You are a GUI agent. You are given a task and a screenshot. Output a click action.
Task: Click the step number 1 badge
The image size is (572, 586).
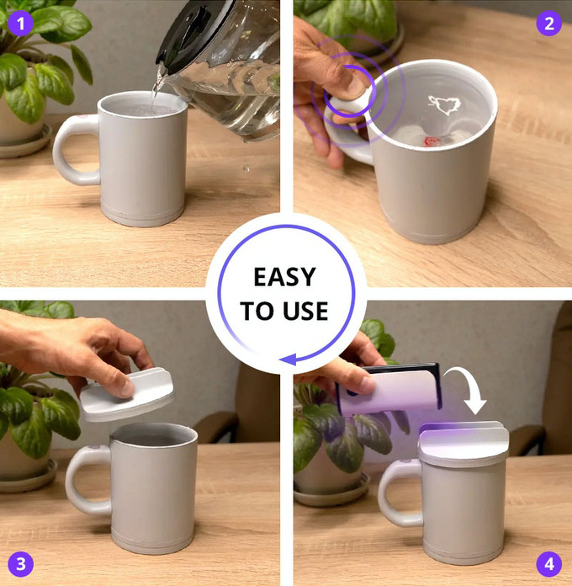tap(20, 24)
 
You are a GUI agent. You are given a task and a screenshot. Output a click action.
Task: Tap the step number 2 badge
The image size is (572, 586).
tap(548, 24)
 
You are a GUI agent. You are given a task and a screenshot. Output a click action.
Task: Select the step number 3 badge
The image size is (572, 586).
tap(20, 564)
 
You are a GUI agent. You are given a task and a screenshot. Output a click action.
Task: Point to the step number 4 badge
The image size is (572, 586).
tap(548, 564)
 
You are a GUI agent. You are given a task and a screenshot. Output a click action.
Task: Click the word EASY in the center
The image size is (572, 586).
tap(285, 277)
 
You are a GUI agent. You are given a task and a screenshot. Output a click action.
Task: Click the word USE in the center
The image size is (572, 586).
tap(305, 311)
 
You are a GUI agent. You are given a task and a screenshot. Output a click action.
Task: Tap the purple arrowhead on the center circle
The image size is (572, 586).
tap(288, 360)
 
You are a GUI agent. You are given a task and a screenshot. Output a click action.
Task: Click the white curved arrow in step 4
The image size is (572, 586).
tap(469, 386)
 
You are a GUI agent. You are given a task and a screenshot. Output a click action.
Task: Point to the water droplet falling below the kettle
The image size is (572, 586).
tap(246, 167)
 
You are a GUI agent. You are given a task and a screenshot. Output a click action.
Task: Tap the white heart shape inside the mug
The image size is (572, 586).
tap(444, 105)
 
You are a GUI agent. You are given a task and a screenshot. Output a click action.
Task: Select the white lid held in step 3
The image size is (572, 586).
tap(127, 394)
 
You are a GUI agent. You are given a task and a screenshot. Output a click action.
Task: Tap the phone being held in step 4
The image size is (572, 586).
tap(389, 389)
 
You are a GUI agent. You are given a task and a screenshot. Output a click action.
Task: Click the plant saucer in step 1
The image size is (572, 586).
tap(25, 144)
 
